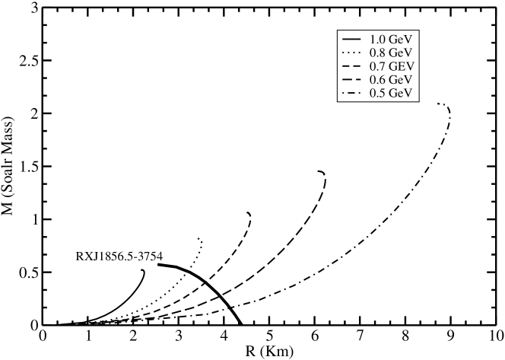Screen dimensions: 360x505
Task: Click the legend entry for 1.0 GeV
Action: point(380,38)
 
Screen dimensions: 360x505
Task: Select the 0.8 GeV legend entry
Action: point(380,52)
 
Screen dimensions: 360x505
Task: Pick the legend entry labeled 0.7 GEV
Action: point(380,65)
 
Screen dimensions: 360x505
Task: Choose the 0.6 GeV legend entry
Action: point(380,79)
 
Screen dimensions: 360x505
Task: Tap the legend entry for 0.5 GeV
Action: point(380,93)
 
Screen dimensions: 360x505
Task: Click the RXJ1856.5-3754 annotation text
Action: point(119,256)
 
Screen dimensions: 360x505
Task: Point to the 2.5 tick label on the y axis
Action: point(28,60)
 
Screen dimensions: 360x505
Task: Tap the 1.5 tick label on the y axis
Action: point(28,166)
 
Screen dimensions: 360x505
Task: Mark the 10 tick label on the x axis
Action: point(494,336)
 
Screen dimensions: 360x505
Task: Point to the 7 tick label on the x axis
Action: point(359,336)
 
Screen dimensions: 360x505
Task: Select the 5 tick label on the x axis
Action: point(269,336)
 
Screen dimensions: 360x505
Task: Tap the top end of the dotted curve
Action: point(200,239)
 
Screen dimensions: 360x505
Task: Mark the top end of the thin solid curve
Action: point(142,270)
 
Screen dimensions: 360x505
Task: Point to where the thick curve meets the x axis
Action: point(241,324)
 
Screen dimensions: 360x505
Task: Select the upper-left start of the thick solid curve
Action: point(158,264)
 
